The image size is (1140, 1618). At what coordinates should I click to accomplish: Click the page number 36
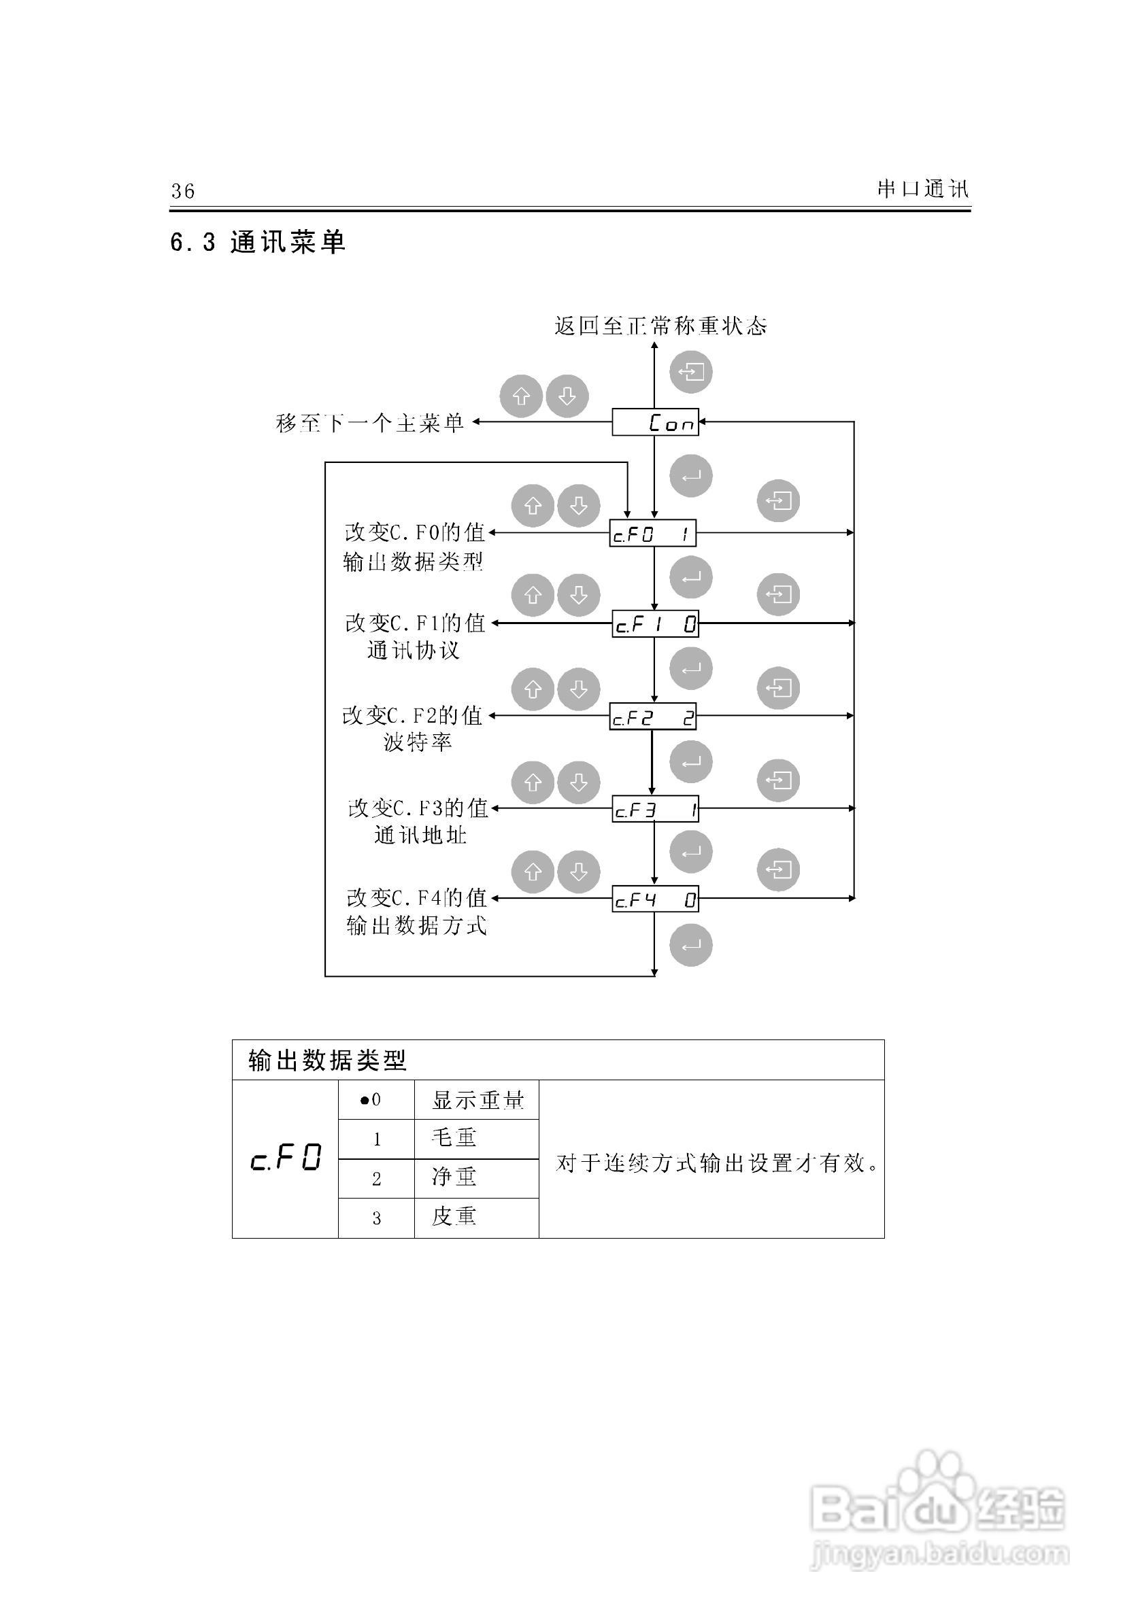click(x=182, y=191)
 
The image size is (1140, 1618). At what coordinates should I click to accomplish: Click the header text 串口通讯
click(x=922, y=189)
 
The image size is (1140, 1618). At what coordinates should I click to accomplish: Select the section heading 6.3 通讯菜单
click(x=258, y=243)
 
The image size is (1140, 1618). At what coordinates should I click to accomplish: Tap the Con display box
click(x=655, y=422)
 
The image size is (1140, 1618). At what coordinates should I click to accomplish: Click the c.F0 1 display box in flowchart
click(x=653, y=534)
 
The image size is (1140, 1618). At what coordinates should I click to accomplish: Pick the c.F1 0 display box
click(x=655, y=623)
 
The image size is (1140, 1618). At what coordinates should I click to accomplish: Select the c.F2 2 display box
click(x=653, y=717)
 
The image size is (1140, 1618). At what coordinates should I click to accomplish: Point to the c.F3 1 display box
click(x=655, y=810)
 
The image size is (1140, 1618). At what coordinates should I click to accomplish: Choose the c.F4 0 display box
click(x=655, y=899)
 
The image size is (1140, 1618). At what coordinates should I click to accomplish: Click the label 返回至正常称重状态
click(x=660, y=326)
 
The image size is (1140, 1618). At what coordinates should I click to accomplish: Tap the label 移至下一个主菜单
click(x=369, y=423)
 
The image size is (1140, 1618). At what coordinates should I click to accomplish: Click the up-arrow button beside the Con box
click(x=521, y=396)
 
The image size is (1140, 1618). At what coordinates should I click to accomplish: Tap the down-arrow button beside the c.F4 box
click(x=578, y=872)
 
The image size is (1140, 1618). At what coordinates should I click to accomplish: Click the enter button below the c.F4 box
click(x=690, y=945)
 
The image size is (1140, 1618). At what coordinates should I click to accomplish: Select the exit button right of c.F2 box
click(x=778, y=688)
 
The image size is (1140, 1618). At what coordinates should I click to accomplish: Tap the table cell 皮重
click(x=455, y=1216)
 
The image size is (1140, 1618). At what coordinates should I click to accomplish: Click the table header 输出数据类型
click(x=327, y=1060)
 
